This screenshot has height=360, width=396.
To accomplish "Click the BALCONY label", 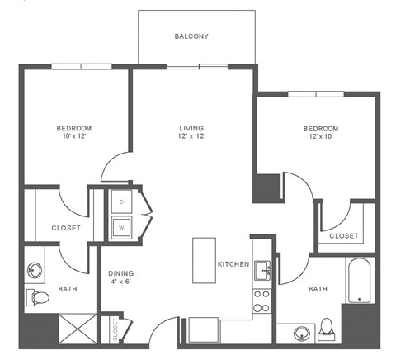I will (x=191, y=36).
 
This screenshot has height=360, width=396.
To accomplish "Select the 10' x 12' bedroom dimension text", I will (x=73, y=137).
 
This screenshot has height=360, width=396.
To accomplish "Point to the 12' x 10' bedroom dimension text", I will (x=320, y=137).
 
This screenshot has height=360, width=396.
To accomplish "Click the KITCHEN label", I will (x=233, y=264).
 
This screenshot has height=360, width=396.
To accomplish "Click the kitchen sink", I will (x=262, y=269).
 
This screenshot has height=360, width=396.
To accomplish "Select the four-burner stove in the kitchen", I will (x=262, y=301).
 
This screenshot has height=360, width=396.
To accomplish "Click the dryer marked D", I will (x=122, y=202).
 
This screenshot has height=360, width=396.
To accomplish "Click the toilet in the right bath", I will (x=328, y=328).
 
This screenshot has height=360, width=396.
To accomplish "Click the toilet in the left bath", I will (x=36, y=297).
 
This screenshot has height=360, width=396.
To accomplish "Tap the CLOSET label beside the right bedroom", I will (x=344, y=236).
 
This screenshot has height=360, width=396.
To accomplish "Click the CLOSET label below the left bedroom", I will (x=65, y=228).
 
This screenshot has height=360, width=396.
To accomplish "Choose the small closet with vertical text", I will (x=114, y=329).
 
